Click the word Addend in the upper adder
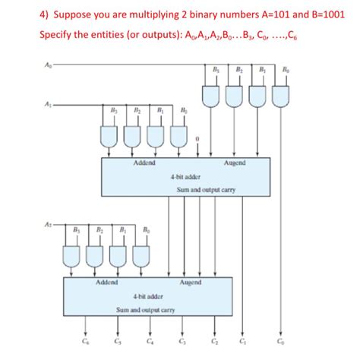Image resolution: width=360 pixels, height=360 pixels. [x=144, y=163]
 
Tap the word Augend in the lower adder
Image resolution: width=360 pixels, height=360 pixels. [x=190, y=283]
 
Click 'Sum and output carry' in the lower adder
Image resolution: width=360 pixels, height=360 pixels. [x=145, y=310]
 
